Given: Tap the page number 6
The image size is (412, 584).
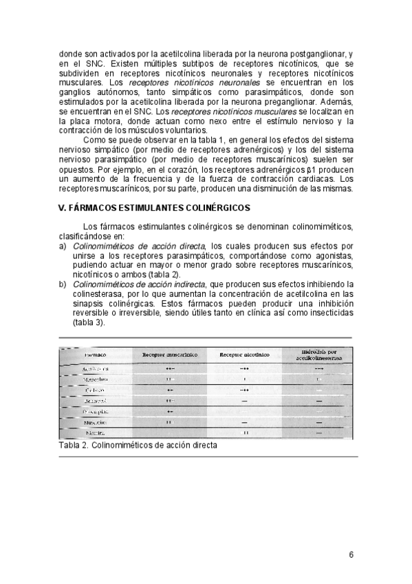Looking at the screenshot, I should pos(351,555).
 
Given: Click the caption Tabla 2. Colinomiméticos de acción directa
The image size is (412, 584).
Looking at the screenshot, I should pos(138,445).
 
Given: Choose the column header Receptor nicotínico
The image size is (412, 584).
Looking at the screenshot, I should pos(244,355).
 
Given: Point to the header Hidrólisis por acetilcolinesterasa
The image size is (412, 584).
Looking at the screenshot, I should pos(318,354).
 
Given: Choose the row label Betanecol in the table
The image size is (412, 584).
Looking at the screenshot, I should pos(94,399).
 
